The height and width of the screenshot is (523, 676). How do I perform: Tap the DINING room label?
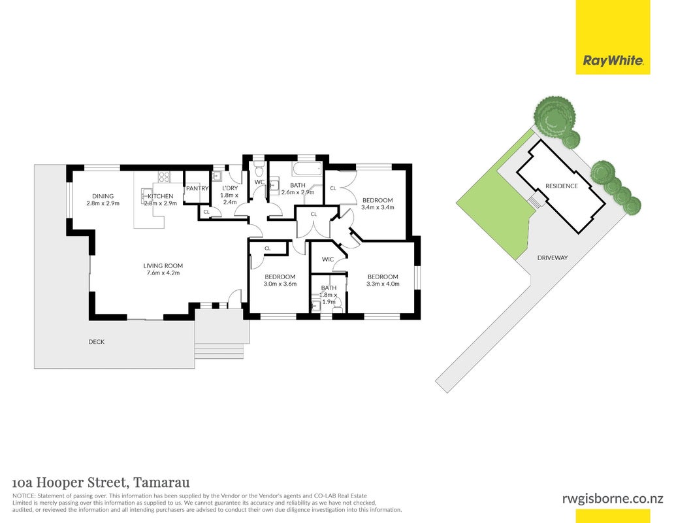pyautogui.click(x=103, y=196)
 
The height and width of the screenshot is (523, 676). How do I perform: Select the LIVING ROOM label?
pyautogui.click(x=163, y=266)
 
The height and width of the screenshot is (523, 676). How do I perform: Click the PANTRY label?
pyautogui.click(x=197, y=188)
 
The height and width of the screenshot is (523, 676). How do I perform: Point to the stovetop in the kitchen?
pyautogui.click(x=164, y=177)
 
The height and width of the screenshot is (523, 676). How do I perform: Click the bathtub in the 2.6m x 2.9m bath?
pyautogui.click(x=307, y=169)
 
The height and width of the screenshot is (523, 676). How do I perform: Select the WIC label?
pyautogui.click(x=328, y=260)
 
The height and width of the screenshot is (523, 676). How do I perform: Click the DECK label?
pyautogui.click(x=97, y=342)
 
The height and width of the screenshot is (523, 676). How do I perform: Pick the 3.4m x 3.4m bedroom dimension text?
pyautogui.click(x=378, y=207)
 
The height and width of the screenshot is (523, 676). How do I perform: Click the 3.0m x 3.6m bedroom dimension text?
pyautogui.click(x=280, y=284)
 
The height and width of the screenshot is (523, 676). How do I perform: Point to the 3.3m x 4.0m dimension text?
pyautogui.click(x=383, y=284)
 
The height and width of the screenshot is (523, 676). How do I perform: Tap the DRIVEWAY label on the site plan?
pyautogui.click(x=553, y=258)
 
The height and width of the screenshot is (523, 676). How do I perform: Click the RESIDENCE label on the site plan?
pyautogui.click(x=561, y=186)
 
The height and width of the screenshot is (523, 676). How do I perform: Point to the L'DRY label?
pyautogui.click(x=230, y=188)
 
